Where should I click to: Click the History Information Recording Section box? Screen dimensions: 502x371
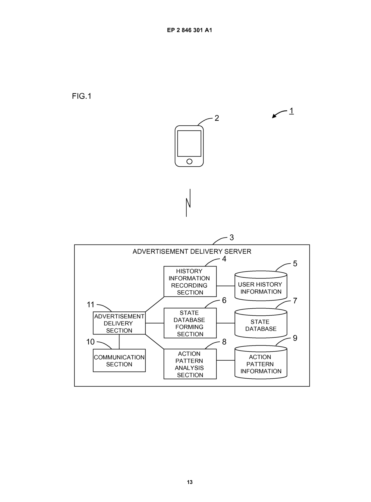point(190,281)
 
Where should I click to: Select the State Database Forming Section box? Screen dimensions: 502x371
point(190,323)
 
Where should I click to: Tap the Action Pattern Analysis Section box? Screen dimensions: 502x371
point(190,364)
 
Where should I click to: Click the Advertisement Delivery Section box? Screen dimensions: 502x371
point(119,323)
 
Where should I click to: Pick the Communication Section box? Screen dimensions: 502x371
point(119,360)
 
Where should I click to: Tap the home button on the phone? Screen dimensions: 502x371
point(189,161)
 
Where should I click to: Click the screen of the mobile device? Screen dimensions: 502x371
point(189,143)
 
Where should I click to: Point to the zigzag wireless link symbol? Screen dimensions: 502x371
point(188,203)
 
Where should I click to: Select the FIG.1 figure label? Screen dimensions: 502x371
point(82,96)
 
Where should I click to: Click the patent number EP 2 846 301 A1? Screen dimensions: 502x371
point(189,30)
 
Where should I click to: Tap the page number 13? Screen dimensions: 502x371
point(190,482)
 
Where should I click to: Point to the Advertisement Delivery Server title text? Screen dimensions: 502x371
point(192,251)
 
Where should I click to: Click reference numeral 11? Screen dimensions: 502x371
point(91,304)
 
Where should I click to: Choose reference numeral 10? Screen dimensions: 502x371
point(90,342)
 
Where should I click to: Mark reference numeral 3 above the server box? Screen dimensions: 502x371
point(232,238)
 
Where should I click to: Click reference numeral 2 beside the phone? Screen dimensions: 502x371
point(217,118)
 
